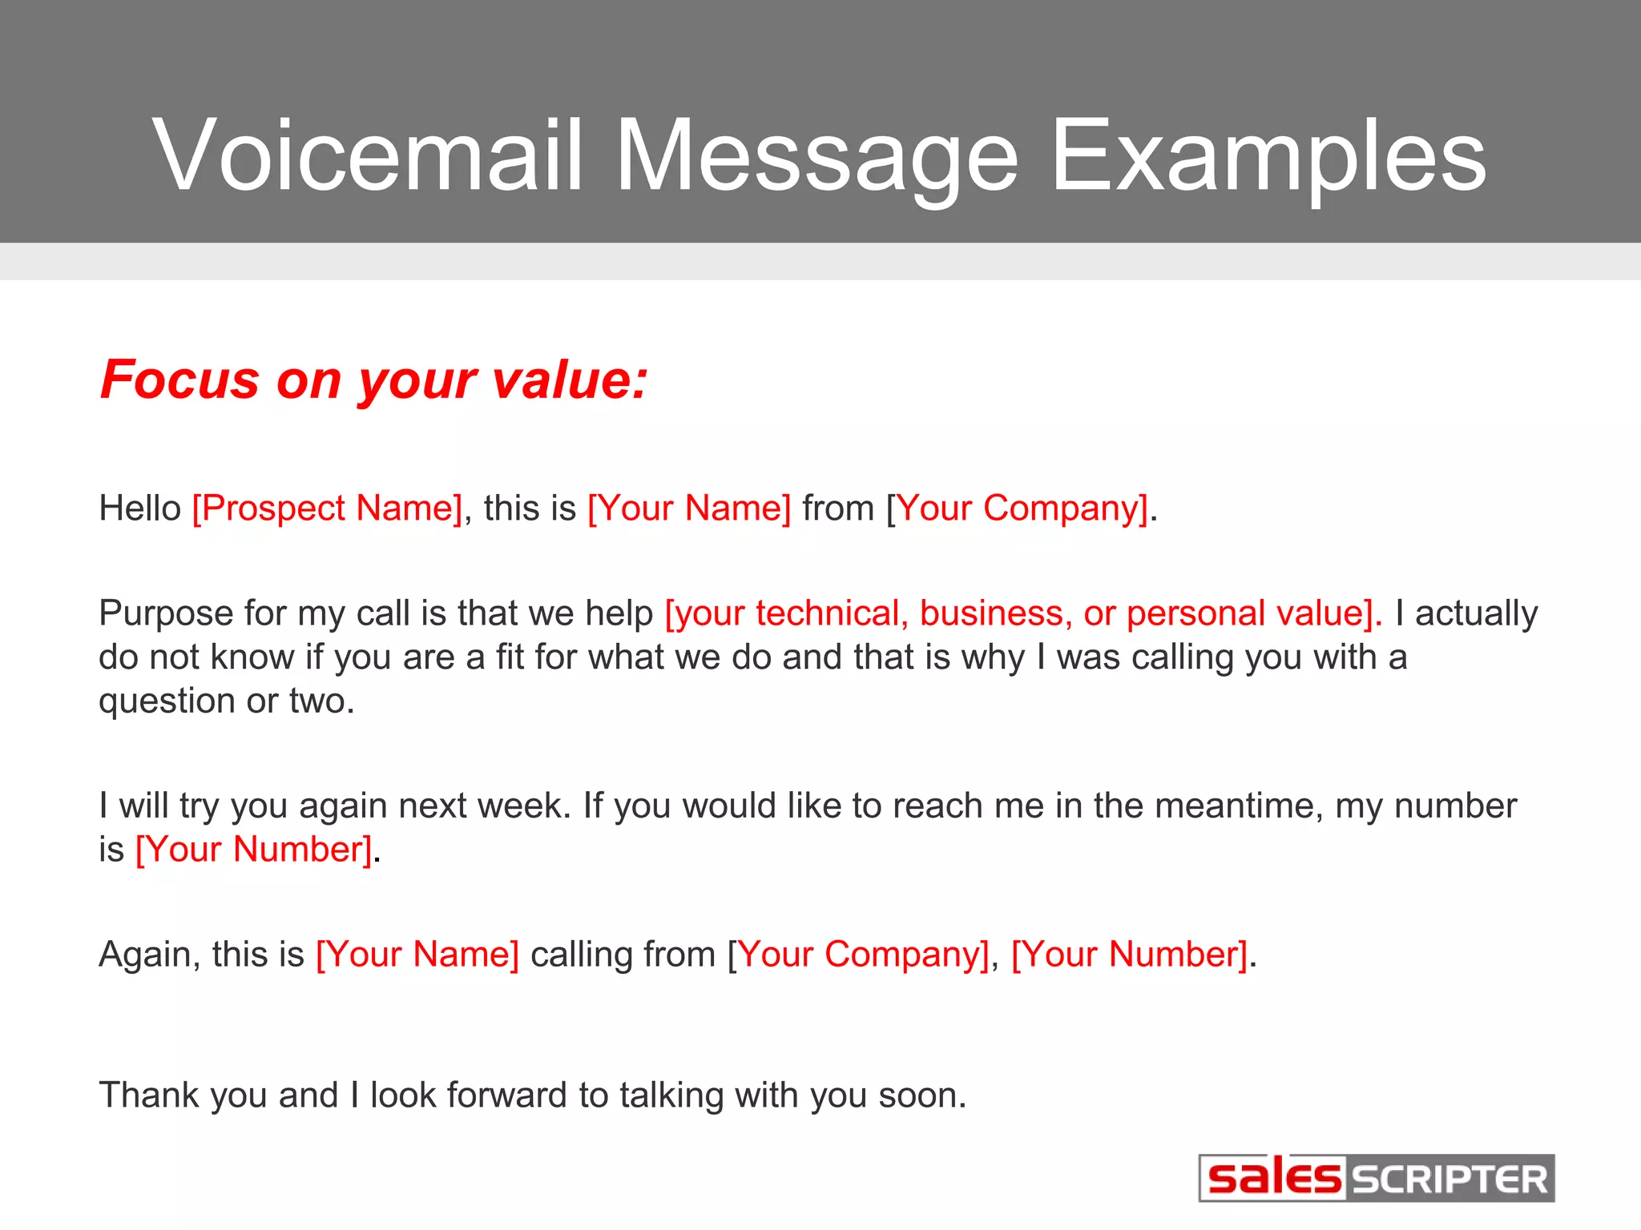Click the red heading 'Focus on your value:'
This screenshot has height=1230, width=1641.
(x=374, y=379)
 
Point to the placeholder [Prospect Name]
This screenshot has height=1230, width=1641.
(x=328, y=508)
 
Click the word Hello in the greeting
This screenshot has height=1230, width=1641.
(x=140, y=508)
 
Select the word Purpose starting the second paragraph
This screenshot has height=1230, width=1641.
(x=166, y=613)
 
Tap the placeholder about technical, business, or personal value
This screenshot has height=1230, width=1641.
(x=1023, y=613)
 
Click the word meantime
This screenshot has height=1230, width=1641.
(x=1239, y=806)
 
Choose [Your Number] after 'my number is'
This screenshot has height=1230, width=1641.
(x=254, y=850)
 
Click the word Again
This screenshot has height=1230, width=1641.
(x=148, y=955)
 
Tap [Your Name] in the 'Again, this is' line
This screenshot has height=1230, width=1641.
(x=417, y=955)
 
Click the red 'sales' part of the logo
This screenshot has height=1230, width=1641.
(x=1273, y=1179)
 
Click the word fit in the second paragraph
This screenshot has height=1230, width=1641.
(x=510, y=657)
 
